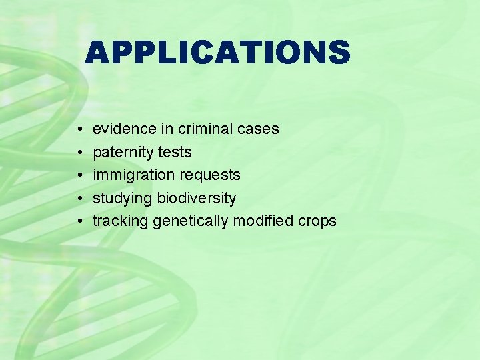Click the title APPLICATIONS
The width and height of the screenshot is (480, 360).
(217, 52)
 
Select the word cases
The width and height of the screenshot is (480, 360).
(259, 129)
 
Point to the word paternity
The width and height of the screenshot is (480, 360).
(123, 153)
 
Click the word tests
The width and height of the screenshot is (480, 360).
(175, 153)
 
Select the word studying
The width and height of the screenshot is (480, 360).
(123, 198)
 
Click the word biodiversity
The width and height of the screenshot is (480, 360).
(197, 198)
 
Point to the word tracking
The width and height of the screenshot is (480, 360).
(121, 221)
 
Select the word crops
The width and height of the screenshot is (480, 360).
(317, 221)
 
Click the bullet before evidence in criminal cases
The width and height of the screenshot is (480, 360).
(79, 129)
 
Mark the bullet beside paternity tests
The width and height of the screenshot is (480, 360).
(79, 153)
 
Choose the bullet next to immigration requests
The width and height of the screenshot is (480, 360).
(79, 175)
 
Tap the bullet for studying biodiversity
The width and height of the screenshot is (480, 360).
(79, 198)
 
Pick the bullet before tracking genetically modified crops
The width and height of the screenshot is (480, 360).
(79, 221)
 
